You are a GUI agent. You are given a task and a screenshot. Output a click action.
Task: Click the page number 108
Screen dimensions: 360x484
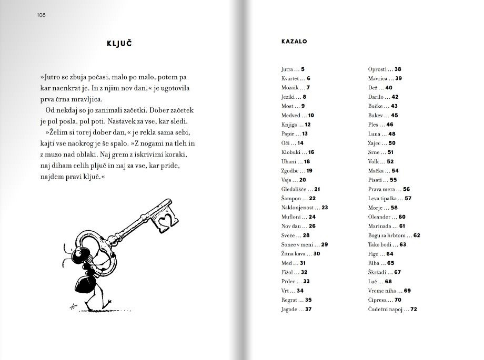pyautogui.click(x=41, y=15)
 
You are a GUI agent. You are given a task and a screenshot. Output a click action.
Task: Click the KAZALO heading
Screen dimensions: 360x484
pyautogui.click(x=294, y=41)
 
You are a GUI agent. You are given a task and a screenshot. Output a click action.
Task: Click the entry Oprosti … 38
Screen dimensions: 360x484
pyautogui.click(x=385, y=69)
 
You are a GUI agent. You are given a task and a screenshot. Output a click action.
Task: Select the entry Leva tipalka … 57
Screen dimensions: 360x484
pyautogui.click(x=390, y=199)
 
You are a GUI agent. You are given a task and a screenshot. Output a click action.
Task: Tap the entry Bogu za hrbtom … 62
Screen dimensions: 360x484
pyautogui.click(x=394, y=235)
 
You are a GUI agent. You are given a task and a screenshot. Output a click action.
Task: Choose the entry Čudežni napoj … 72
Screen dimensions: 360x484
pyautogui.click(x=392, y=310)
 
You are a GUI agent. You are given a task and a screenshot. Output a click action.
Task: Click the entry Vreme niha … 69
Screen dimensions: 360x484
pyautogui.click(x=389, y=291)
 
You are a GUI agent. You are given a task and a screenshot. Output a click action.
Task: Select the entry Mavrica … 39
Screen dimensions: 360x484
pyautogui.click(x=385, y=78)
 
